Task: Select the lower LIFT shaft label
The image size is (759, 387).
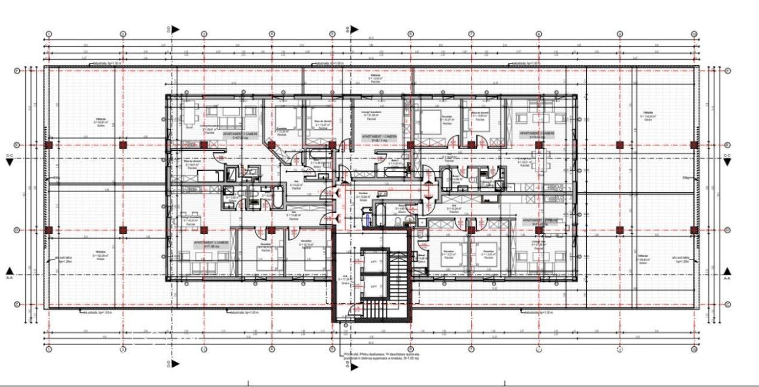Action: click(x=374, y=287)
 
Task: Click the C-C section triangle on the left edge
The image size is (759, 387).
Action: click(x=9, y=162)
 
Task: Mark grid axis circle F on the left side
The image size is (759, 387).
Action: click(x=17, y=71)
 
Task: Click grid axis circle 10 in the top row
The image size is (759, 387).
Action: click(x=693, y=34)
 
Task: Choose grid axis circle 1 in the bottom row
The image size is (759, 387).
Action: click(x=49, y=349)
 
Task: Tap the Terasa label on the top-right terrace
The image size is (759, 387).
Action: click(x=647, y=115)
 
